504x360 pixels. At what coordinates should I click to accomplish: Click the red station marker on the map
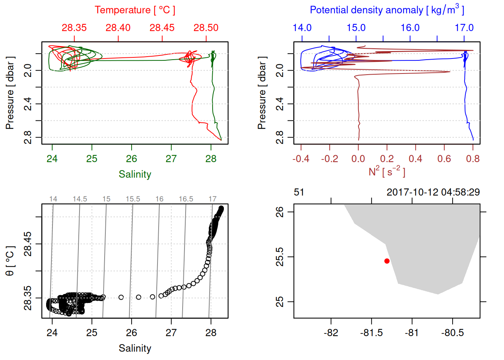coord(387,261)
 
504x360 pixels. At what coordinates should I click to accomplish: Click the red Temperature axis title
coord(135,10)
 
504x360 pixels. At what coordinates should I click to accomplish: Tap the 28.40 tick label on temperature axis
coord(118,28)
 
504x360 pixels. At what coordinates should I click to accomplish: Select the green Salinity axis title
coord(135,174)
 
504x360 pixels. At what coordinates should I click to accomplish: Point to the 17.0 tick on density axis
coord(464,28)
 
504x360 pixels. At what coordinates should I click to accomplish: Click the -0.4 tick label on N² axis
coord(301,159)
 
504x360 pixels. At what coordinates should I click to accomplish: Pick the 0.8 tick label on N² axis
coord(473,159)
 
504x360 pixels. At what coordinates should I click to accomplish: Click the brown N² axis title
coord(387,172)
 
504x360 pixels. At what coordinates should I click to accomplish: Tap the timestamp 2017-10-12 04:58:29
coord(433,192)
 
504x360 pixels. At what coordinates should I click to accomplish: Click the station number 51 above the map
coord(299,192)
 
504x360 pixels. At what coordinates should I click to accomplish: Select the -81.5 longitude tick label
coord(371,333)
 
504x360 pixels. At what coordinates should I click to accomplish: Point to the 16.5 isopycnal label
coord(186,199)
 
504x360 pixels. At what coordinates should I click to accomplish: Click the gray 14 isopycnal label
coord(53,199)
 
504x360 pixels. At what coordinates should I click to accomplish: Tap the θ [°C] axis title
coord(10,261)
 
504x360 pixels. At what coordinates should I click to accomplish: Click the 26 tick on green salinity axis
coord(132,159)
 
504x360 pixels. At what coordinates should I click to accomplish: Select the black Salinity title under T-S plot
coord(135,348)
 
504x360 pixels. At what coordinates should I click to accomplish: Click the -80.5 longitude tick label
coord(453,333)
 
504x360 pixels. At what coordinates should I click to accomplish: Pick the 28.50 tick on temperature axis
coord(206,28)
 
